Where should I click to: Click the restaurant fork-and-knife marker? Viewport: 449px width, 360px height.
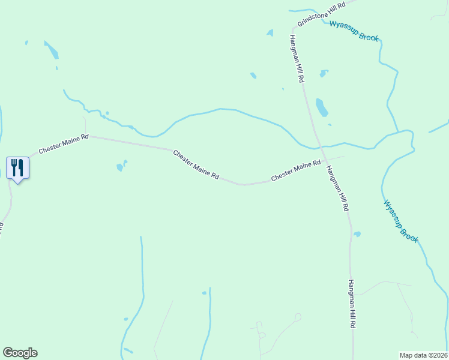point(17,167)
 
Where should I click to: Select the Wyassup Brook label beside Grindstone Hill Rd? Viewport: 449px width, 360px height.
point(354,31)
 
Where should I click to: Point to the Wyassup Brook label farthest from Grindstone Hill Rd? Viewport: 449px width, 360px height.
point(400,221)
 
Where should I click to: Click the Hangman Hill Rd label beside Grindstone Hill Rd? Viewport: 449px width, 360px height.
point(297,58)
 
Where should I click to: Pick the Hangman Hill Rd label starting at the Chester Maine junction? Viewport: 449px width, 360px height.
point(337,187)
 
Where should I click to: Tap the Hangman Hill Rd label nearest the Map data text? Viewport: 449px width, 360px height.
point(354,304)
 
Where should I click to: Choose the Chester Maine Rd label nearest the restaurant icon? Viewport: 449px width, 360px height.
point(64,144)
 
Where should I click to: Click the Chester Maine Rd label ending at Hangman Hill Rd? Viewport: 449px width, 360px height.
point(295,171)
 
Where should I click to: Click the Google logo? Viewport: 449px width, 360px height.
point(20,353)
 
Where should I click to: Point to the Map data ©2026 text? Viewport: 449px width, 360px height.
point(424,355)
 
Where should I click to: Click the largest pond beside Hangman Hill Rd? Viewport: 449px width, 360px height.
point(322,107)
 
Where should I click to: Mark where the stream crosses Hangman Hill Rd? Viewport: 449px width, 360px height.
point(319,146)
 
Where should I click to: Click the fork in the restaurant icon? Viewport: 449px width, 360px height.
point(14,166)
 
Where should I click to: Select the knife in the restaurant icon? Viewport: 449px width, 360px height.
point(21,166)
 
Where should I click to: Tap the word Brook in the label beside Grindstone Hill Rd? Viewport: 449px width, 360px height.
point(369,37)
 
